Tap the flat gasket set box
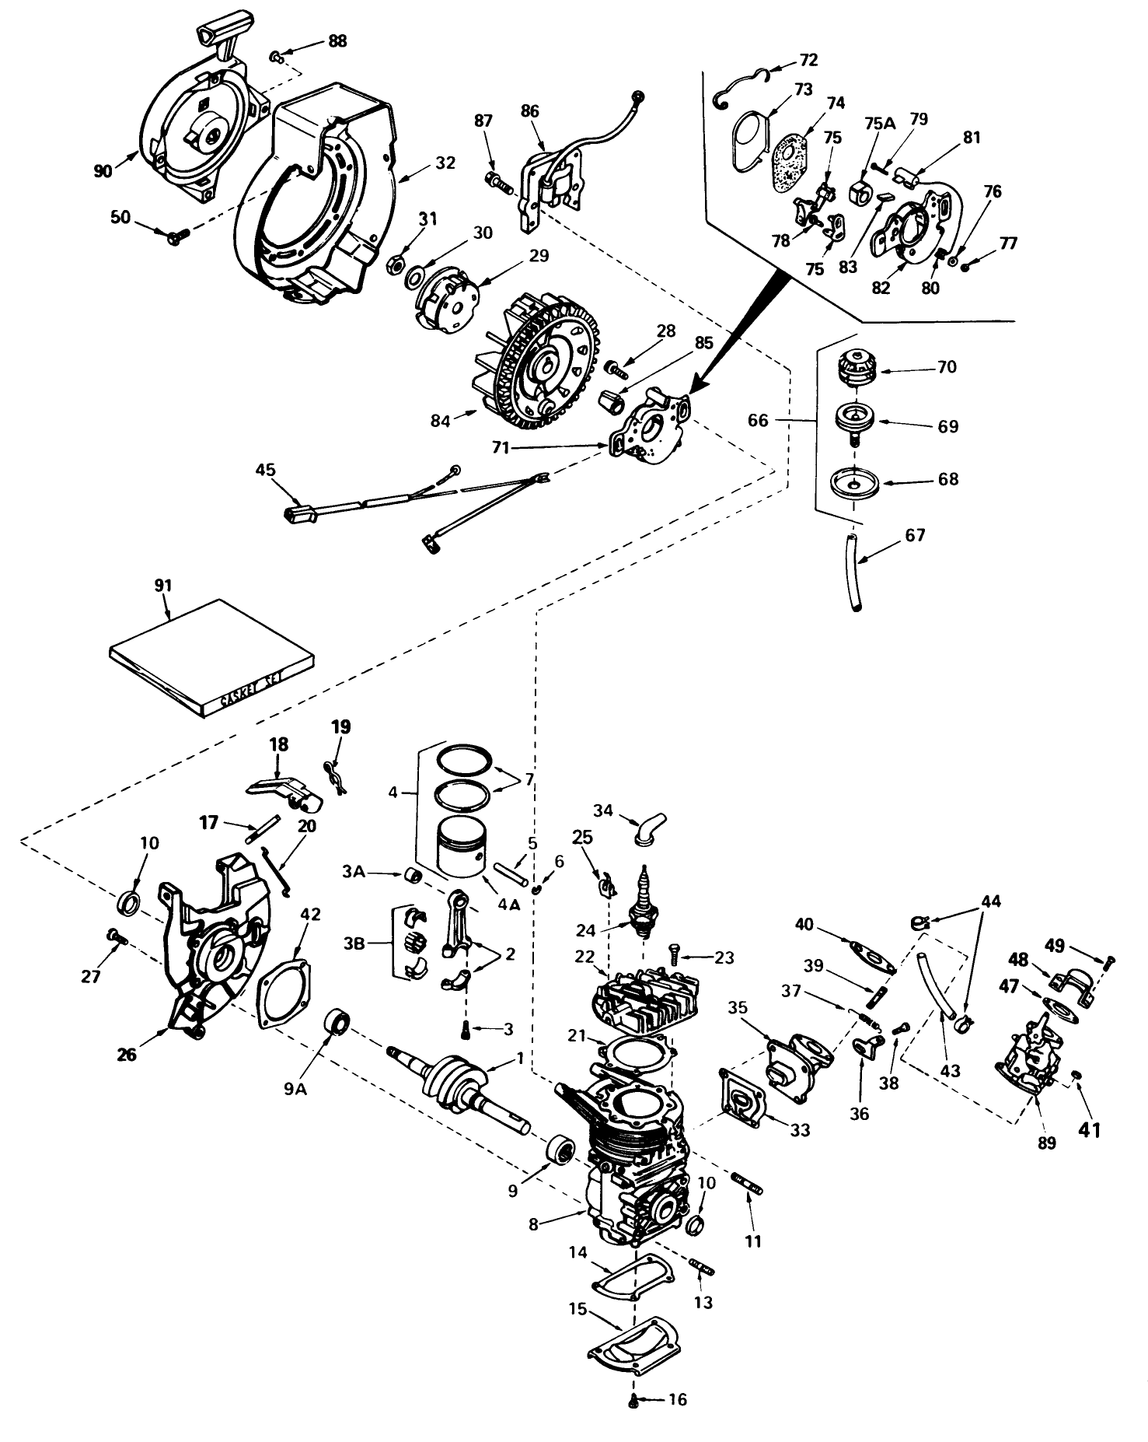click(x=211, y=658)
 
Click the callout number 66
click(x=758, y=420)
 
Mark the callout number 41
click(x=1089, y=1130)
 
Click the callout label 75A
click(x=880, y=122)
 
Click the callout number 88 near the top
click(x=337, y=40)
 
